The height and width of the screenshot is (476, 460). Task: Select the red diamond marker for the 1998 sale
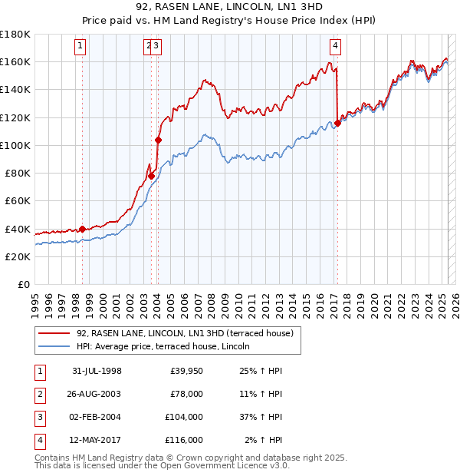tap(83, 229)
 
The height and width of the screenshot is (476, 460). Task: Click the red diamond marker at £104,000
tap(158, 140)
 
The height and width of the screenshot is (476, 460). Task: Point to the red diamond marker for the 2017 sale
tap(338, 123)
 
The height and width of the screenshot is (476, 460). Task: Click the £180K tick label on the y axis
tap(15, 35)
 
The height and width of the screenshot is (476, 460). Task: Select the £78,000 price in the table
tap(186, 394)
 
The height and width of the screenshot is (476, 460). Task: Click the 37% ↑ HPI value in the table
tap(261, 417)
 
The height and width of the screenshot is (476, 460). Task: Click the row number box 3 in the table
tap(39, 417)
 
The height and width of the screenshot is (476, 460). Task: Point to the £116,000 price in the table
tap(184, 440)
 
